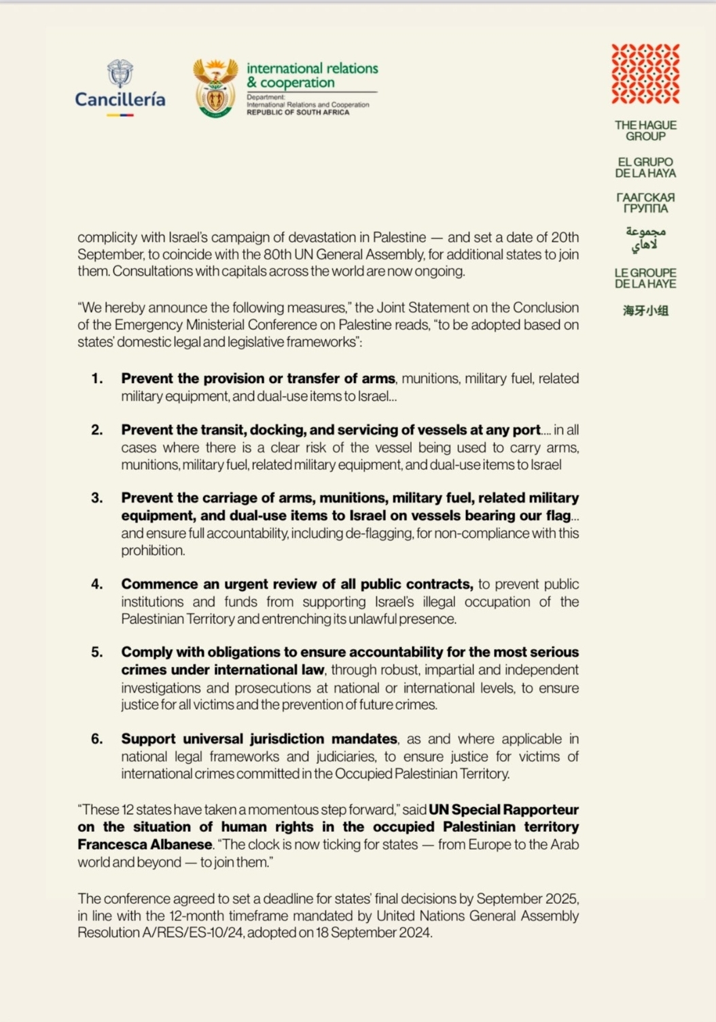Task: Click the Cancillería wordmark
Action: (x=120, y=100)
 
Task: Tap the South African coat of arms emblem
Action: (x=215, y=88)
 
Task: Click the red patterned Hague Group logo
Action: (x=645, y=74)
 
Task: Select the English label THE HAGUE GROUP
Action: (x=645, y=130)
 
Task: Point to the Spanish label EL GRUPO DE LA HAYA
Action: (x=645, y=168)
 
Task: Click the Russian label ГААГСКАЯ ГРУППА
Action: (x=645, y=202)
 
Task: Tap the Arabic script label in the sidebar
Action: (x=645, y=238)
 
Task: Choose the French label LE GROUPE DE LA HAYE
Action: (x=645, y=278)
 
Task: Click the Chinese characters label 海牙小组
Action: (x=645, y=311)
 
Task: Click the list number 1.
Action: (x=96, y=379)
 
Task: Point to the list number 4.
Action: (x=96, y=584)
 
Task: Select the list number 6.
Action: (x=96, y=739)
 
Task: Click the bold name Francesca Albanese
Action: (x=145, y=845)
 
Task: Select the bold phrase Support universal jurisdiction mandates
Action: (x=259, y=739)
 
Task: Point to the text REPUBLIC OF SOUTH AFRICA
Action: (x=298, y=112)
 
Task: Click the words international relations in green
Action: (x=312, y=69)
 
